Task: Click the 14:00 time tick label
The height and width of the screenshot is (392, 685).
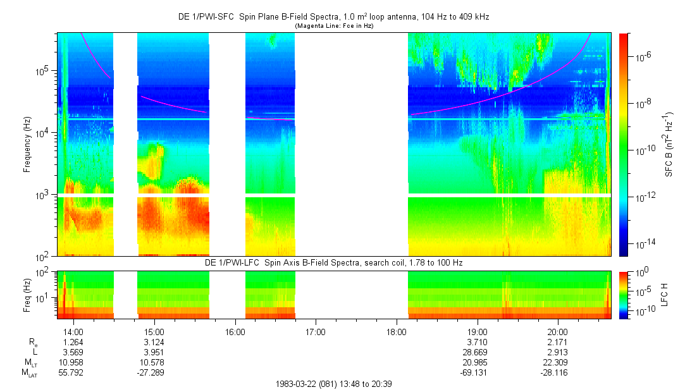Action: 73,331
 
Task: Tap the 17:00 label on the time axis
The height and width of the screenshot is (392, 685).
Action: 316,331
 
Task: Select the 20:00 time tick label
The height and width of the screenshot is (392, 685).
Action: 557,331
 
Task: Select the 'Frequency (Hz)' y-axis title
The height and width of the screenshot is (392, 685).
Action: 27,145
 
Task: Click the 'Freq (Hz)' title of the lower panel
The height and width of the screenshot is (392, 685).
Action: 27,294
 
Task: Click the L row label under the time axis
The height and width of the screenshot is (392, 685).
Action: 35,352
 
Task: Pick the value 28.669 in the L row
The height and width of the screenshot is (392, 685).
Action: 477,352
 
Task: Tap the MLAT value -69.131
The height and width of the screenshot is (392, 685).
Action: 477,372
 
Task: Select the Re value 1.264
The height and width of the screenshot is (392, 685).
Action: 73,342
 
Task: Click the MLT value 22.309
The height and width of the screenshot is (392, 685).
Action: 557,362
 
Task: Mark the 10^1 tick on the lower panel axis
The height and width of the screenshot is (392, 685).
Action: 47,297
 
